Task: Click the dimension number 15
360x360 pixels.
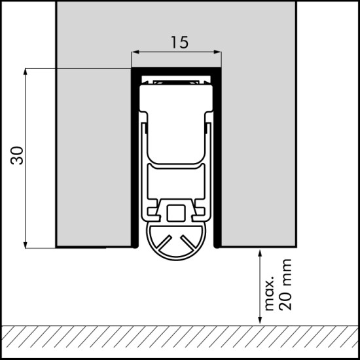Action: tap(179, 43)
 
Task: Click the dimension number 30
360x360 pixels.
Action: tap(17, 155)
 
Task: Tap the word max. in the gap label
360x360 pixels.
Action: tap(270, 293)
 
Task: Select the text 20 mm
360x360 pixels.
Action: tap(285, 285)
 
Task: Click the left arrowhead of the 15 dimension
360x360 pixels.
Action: tap(135, 52)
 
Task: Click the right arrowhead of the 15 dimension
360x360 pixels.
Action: tap(217, 52)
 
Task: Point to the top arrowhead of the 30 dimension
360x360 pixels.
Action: tap(26, 72)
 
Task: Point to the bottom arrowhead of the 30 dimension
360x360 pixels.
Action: tap(26, 245)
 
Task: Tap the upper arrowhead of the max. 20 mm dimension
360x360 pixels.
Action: tap(260, 253)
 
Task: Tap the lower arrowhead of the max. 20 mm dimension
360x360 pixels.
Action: tap(260, 320)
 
